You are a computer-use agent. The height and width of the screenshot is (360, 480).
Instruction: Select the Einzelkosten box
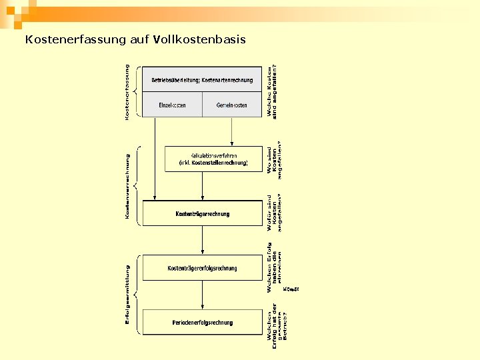click(x=173, y=105)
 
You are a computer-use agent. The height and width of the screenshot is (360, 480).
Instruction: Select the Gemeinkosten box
click(x=232, y=105)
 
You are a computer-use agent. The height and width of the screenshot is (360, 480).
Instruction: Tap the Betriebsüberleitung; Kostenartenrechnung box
click(x=203, y=80)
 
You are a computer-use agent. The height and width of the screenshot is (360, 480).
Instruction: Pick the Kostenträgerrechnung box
click(x=203, y=214)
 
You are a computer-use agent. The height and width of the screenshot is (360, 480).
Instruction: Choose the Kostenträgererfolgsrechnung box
click(x=203, y=268)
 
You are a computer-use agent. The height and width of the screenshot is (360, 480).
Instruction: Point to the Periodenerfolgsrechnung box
click(x=203, y=323)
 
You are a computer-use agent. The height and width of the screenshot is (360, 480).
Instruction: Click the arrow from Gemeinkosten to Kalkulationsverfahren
click(x=231, y=131)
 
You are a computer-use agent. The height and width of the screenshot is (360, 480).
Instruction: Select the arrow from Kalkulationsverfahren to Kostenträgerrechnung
click(x=203, y=187)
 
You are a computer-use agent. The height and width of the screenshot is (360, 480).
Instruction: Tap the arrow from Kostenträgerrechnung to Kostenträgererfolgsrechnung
click(x=203, y=241)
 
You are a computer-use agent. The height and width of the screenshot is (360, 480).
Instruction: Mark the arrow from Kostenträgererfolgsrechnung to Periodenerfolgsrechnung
click(x=203, y=295)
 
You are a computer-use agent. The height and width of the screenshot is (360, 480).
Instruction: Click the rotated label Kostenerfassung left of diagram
click(x=127, y=92)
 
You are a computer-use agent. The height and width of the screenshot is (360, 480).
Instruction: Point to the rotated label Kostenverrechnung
click(x=127, y=186)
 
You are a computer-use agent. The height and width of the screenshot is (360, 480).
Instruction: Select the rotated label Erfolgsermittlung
click(x=127, y=295)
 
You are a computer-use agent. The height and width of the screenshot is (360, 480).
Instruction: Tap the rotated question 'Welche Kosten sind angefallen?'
click(x=272, y=92)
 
